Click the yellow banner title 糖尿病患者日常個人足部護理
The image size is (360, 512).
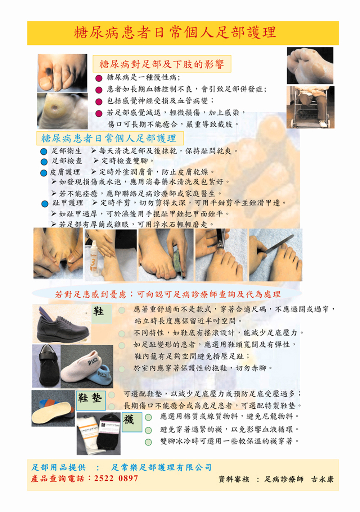point(175,32)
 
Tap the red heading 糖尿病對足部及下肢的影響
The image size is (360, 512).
point(162,64)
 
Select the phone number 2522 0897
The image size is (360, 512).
point(116,478)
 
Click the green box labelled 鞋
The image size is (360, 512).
point(102,314)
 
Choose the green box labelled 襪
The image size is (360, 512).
point(132,422)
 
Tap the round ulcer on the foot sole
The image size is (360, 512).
point(55,107)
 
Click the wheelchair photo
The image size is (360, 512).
point(310,107)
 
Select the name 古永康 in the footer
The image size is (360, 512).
point(322,479)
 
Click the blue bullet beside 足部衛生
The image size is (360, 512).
point(44,151)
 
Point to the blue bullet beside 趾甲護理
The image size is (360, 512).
point(45,204)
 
